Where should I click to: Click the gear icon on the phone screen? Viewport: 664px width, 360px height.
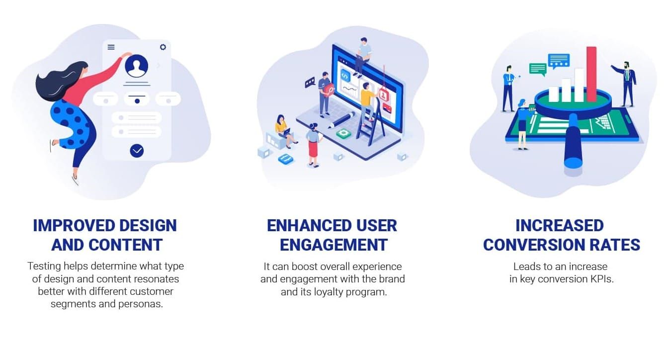(163, 47)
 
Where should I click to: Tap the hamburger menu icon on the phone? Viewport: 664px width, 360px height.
(111, 47)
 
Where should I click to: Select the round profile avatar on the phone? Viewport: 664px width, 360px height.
(137, 66)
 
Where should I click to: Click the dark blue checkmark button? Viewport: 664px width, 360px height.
(137, 151)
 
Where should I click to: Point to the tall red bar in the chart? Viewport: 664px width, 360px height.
(591, 74)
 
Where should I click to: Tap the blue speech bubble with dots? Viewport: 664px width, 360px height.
(559, 61)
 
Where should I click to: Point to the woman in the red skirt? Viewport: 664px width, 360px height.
(313, 145)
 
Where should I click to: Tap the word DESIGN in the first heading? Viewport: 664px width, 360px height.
(148, 226)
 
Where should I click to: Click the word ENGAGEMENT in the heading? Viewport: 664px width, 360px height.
(333, 245)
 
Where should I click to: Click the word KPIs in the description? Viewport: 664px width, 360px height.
(602, 279)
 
